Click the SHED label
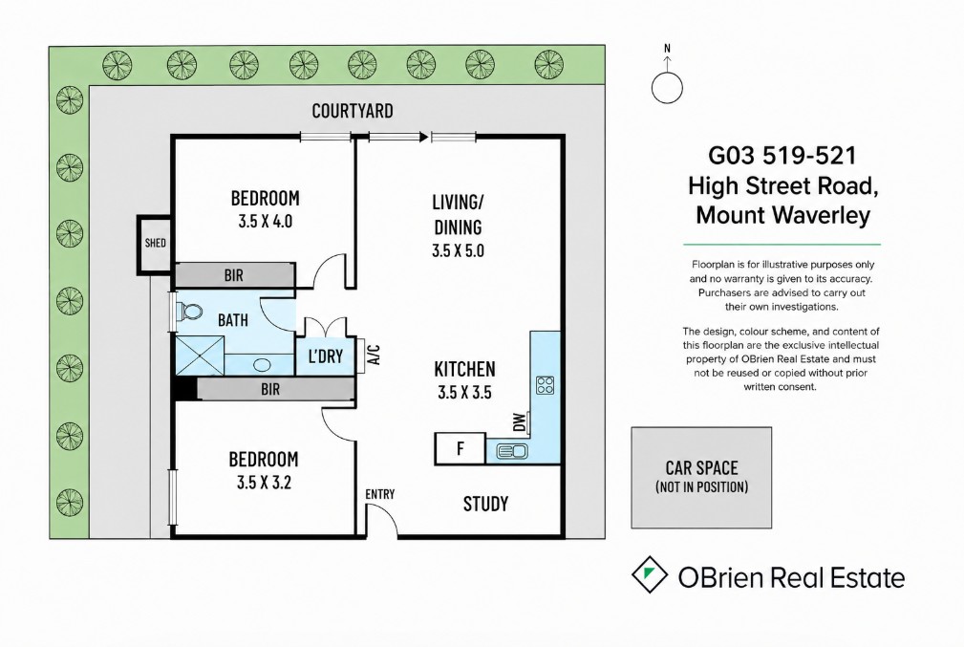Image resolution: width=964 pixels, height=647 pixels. point(155,243)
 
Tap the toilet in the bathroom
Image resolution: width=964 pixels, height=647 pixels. point(189,312)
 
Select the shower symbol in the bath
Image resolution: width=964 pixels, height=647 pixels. point(200,355)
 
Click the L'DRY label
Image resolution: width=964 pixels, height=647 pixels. point(325,356)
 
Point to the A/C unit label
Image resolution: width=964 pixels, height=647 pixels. point(375,355)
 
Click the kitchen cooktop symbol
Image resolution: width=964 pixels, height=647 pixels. point(545,384)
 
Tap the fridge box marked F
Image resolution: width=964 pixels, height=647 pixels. point(460,448)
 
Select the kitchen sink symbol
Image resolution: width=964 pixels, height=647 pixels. point(511,451)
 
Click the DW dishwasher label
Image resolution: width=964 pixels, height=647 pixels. point(520,421)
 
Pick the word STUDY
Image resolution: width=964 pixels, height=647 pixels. point(485,505)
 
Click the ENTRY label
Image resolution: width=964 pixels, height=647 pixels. point(380,494)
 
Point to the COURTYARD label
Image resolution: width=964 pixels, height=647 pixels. point(353,111)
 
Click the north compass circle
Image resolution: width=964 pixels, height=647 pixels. point(667,87)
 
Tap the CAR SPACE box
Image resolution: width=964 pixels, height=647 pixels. point(701,478)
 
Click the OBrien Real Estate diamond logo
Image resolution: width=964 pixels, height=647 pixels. point(650,574)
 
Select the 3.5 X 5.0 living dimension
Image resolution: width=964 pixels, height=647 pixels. point(458,251)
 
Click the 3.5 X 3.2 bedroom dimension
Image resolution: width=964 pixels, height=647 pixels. point(264,483)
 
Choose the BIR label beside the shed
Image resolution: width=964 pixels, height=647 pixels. point(234,275)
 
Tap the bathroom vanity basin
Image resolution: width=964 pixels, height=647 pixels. point(262,365)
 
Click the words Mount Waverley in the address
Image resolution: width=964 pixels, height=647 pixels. point(783,215)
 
